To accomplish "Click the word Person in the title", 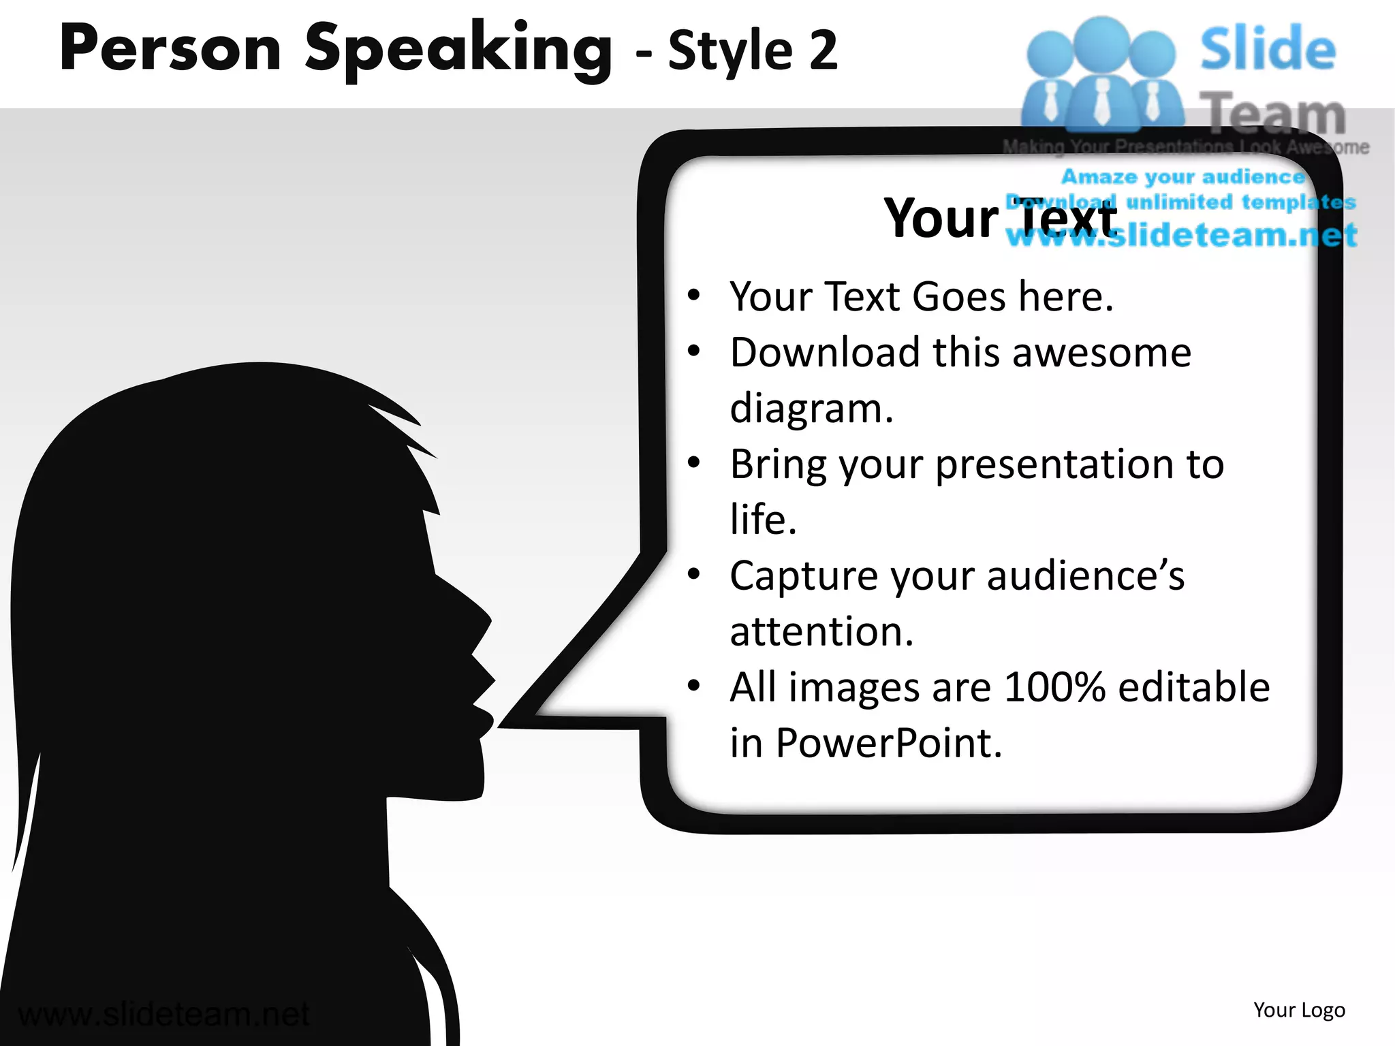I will pyautogui.click(x=170, y=49).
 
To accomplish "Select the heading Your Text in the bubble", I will pyautogui.click(x=999, y=219).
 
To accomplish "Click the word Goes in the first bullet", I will pyautogui.click(x=958, y=297).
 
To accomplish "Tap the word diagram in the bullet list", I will pyautogui.click(x=811, y=409).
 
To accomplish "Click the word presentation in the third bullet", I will pyautogui.click(x=1054, y=464).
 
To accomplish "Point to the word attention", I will pyautogui.click(x=821, y=632).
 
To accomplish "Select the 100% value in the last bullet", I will pyautogui.click(x=1054, y=687).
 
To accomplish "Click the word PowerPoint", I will pyautogui.click(x=889, y=743).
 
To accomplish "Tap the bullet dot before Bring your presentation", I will pyautogui.click(x=693, y=463).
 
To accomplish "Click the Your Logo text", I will pyautogui.click(x=1299, y=1010).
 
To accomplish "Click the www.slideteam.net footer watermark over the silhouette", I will pyautogui.click(x=163, y=1015).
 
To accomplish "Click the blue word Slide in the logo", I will pyautogui.click(x=1267, y=49).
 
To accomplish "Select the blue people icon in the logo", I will pyautogui.click(x=1101, y=75).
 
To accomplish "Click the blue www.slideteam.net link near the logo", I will pyautogui.click(x=1182, y=236).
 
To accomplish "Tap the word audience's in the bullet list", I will pyautogui.click(x=1086, y=576).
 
